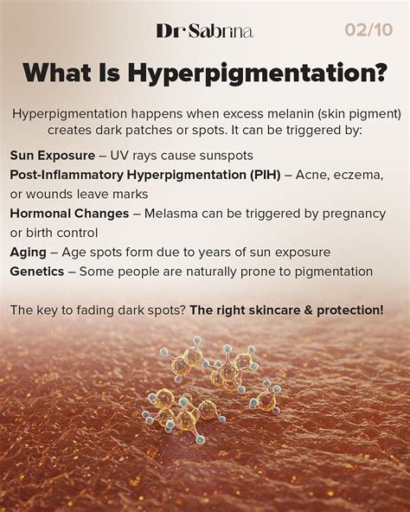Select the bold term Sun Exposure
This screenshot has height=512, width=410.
51,155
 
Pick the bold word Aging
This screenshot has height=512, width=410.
28,252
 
